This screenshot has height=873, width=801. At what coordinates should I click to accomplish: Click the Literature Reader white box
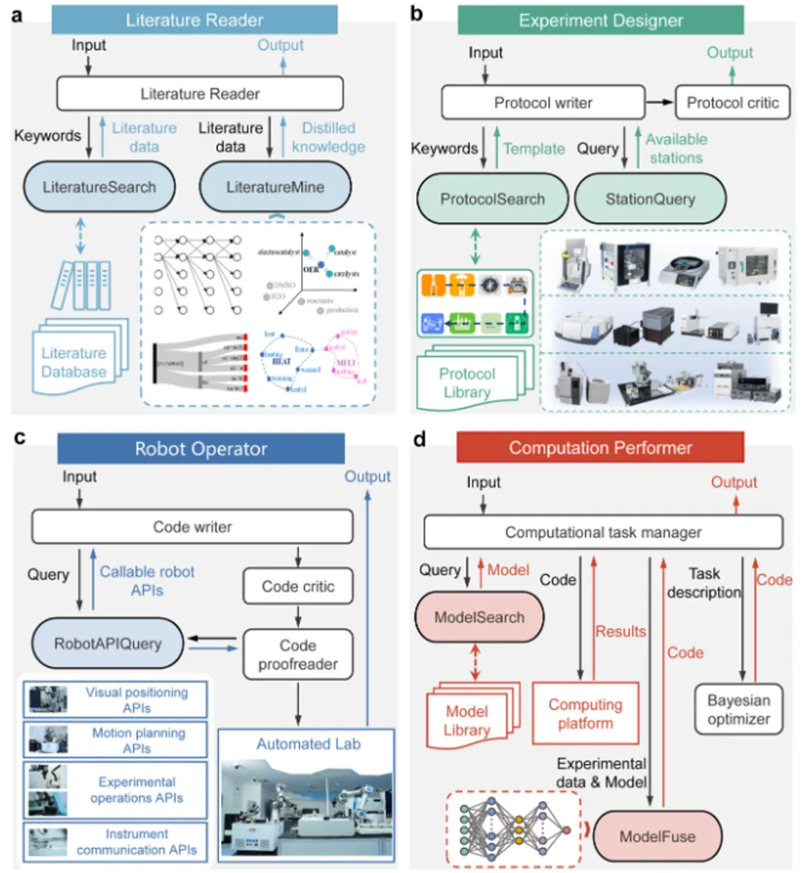coord(200,94)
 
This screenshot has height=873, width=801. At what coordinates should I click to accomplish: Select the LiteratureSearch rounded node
coord(99,187)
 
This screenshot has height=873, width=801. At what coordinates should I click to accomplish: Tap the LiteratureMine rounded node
coord(275,187)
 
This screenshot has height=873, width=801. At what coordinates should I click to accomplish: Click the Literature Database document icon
coord(74,362)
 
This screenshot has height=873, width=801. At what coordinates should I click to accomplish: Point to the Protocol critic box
coord(732,103)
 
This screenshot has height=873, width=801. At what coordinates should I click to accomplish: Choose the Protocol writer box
coord(543,103)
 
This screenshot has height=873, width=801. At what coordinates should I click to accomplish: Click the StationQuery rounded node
coord(650,199)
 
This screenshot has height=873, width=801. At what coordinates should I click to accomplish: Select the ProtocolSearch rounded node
coord(492,199)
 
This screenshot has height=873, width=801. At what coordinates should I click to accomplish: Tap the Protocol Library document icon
coord(467,382)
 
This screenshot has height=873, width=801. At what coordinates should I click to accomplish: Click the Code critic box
coord(297,587)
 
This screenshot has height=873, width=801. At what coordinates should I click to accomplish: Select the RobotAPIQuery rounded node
coord(108,643)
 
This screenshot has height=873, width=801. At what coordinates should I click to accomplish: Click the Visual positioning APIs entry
coord(116,699)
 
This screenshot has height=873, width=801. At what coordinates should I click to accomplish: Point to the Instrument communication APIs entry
coord(116,842)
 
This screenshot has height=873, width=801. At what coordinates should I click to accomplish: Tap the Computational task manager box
coord(603,533)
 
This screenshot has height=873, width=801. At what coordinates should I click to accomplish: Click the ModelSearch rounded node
coord(479,617)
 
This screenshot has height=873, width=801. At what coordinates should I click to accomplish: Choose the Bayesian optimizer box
coord(738,710)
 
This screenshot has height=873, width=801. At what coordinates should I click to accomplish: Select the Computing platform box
coord(585,714)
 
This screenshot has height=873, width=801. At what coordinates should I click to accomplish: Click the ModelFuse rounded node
coord(657,837)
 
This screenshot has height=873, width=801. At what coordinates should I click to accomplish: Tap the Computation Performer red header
coord(600,448)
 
